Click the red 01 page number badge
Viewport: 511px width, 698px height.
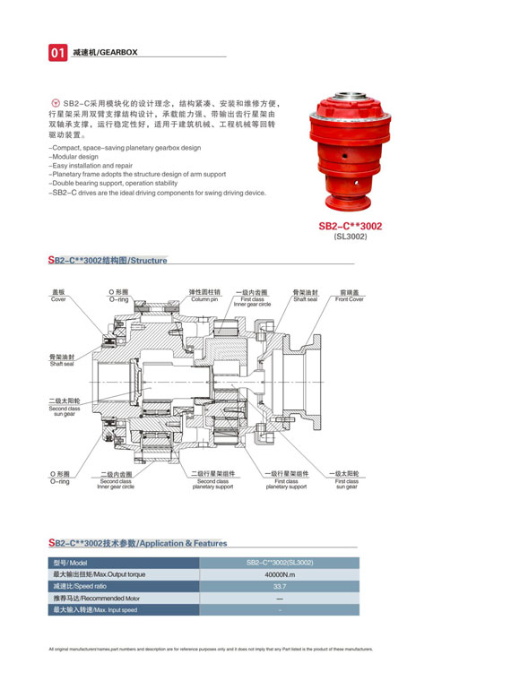(x=56, y=54)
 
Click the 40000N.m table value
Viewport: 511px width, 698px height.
(x=280, y=574)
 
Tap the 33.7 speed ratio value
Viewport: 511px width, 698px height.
(x=280, y=586)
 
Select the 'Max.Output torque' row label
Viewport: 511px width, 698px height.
(x=100, y=574)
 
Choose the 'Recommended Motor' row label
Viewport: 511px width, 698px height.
(x=97, y=598)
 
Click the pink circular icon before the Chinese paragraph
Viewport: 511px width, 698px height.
(x=56, y=104)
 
